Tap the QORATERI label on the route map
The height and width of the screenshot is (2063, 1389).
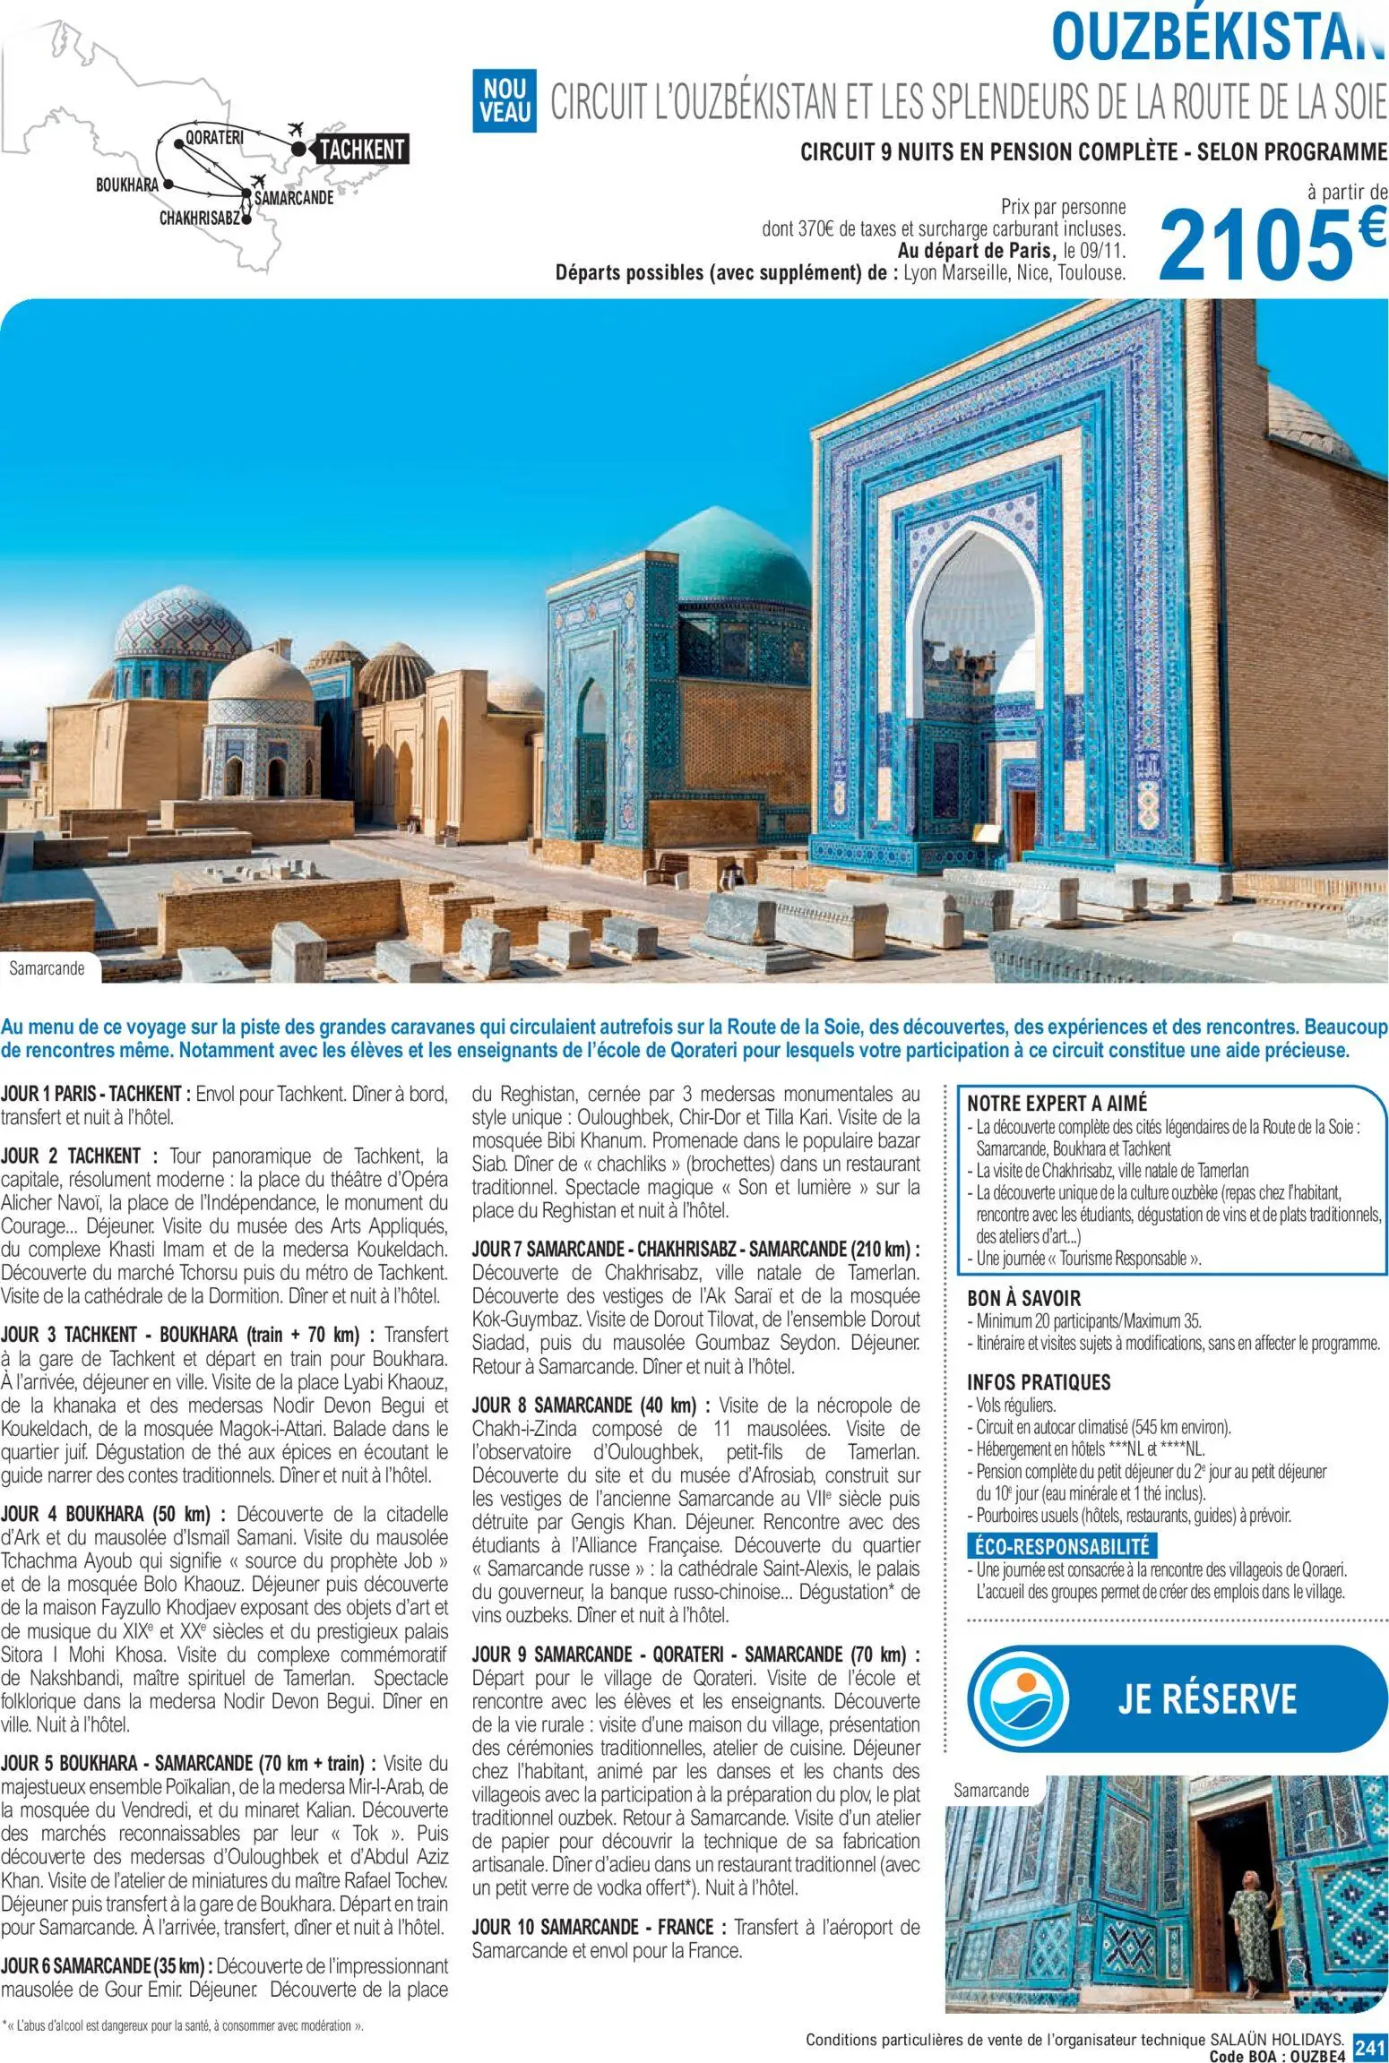coord(214,138)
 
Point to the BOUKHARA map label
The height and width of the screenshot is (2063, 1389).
coord(126,185)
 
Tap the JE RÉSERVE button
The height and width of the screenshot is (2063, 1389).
coord(1206,1697)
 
